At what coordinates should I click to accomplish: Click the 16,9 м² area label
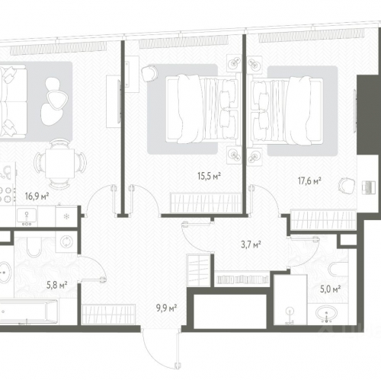[37, 196]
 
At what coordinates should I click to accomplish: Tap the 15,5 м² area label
[209, 176]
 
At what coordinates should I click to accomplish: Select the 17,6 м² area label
[309, 181]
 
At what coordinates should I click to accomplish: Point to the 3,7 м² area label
[251, 244]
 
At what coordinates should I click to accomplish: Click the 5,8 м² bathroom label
[57, 285]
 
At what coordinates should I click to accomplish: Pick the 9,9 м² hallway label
[166, 308]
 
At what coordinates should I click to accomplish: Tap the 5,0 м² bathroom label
[330, 289]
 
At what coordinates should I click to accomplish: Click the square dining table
[60, 164]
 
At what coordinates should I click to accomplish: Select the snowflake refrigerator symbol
[66, 216]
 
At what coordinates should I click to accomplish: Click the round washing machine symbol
[66, 241]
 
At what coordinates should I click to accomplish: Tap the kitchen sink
[27, 216]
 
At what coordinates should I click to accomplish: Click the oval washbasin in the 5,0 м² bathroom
[326, 314]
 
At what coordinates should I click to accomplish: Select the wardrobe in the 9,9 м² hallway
[109, 315]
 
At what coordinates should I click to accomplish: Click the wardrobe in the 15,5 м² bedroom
[206, 203]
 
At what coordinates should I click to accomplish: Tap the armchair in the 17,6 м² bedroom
[347, 186]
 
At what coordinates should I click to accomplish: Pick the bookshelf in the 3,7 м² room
[242, 279]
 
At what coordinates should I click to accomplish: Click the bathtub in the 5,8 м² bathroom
[28, 311]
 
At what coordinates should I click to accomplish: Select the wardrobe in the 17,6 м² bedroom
[322, 219]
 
